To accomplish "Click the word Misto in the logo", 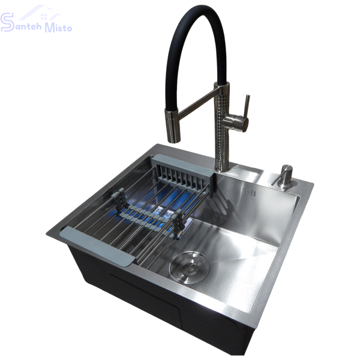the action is (x=58, y=28).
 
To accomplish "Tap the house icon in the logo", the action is (x=41, y=13).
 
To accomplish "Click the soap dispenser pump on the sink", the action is (x=283, y=176).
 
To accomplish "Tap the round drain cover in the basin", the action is (x=188, y=267).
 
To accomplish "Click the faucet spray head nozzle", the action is (x=172, y=125).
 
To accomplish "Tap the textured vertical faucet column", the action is (x=222, y=128).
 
